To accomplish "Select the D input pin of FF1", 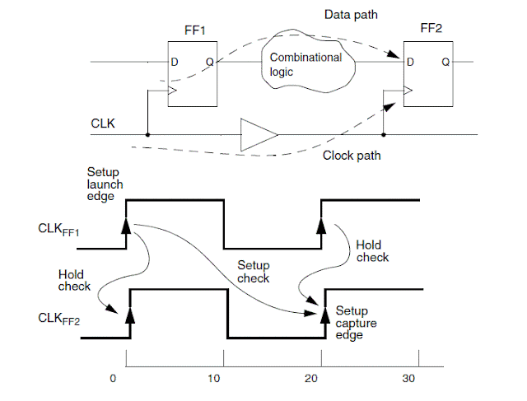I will [174, 62].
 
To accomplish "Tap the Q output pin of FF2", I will [445, 62].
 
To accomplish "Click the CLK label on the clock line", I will [104, 124].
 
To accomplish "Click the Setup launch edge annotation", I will [105, 185].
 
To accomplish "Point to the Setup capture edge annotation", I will [357, 323].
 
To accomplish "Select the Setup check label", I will [253, 272].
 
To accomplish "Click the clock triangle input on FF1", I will [171, 91].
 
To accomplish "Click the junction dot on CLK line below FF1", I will [147, 134].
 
